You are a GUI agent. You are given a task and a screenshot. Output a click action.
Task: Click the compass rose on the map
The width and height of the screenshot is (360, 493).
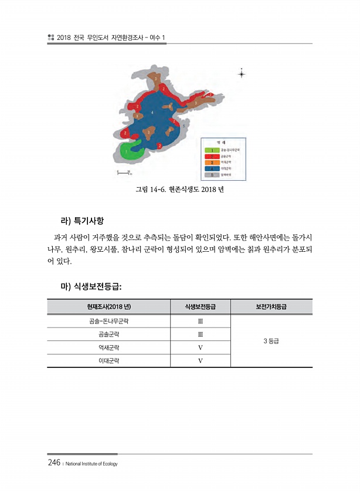click(x=242, y=74)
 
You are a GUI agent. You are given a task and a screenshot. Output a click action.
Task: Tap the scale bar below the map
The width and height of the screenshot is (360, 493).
click(x=124, y=173)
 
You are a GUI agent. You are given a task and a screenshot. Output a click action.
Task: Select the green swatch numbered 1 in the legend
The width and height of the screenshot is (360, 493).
click(x=212, y=151)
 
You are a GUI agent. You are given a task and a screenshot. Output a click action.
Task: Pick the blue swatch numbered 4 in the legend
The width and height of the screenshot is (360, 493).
click(x=212, y=168)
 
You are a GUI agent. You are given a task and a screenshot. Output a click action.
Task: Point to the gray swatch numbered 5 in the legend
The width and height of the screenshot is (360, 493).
click(x=212, y=174)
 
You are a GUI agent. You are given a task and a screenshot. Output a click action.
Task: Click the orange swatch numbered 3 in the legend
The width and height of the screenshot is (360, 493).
click(x=212, y=163)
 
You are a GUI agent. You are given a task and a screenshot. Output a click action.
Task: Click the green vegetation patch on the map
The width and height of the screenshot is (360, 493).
click(x=130, y=150)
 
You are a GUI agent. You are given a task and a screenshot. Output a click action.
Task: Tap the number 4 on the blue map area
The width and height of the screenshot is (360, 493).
click(x=152, y=112)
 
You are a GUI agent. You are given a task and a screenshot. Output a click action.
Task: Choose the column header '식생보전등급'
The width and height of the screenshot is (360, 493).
click(x=200, y=308)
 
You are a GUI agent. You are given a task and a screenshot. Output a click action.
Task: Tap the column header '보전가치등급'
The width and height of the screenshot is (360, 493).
click(x=271, y=308)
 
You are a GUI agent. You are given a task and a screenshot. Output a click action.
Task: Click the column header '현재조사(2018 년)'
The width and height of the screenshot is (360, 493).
click(x=108, y=308)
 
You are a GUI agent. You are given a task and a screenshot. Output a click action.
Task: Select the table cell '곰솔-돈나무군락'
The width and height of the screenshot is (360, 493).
click(x=108, y=322)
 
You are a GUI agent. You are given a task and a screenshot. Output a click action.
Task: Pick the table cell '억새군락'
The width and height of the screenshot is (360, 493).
click(x=108, y=347)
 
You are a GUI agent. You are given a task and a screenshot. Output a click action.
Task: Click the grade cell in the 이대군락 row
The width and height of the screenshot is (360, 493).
click(x=200, y=360)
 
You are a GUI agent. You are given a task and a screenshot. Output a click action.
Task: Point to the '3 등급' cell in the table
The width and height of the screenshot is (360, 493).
click(x=271, y=341)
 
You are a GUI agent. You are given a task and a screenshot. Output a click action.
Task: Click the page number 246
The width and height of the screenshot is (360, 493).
click(x=55, y=463)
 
